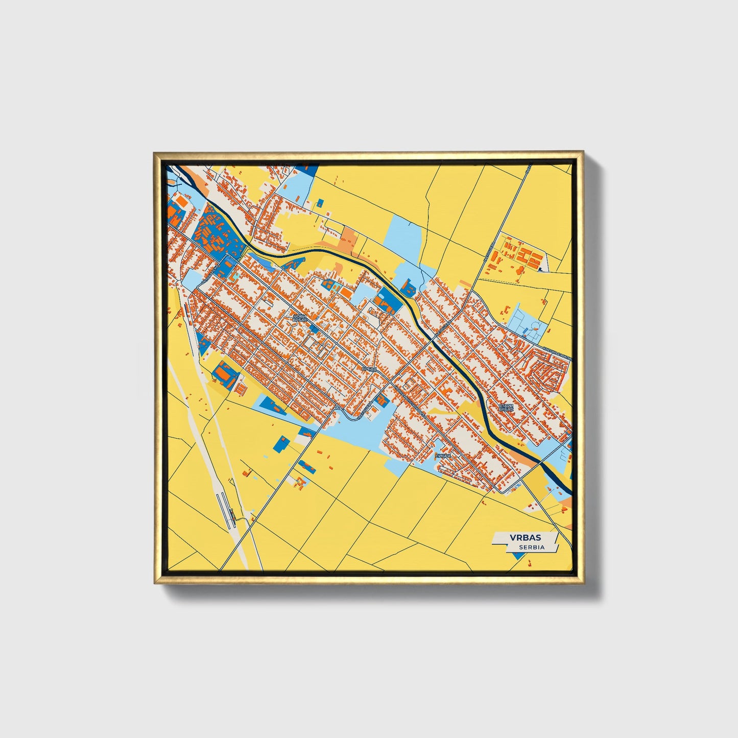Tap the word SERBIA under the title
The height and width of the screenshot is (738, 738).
531,547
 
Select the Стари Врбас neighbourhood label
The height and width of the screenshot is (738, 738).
507,408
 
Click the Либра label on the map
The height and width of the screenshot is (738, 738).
442,456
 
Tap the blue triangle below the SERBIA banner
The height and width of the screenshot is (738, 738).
517,556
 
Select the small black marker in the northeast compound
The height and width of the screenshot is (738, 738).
540,267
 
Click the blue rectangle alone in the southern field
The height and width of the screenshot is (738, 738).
280,444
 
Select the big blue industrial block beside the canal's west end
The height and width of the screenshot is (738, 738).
223,234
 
